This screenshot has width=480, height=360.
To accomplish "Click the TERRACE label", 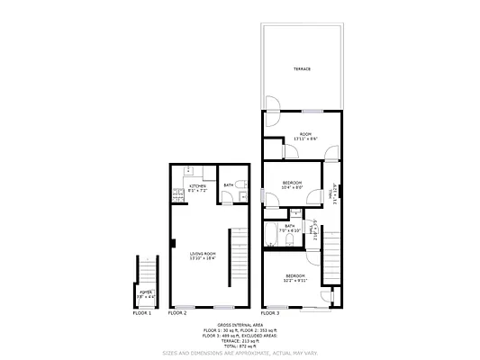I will click(301, 68).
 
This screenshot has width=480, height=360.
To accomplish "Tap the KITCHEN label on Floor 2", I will click(197, 188).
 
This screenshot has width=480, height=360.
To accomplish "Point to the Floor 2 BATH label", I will click(229, 185).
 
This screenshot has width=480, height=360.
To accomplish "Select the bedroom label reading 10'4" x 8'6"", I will click(293, 185).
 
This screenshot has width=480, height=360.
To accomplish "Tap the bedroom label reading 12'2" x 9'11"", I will click(296, 278).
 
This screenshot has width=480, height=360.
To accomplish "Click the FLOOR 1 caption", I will click(142, 313).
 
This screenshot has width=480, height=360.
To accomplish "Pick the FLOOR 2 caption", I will click(177, 313).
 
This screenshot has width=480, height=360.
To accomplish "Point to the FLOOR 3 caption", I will click(270, 313).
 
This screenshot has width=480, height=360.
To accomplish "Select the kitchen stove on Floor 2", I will click(188, 171).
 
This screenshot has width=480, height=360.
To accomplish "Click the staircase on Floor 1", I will click(146, 270).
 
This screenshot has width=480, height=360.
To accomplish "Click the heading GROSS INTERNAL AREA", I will click(240, 324).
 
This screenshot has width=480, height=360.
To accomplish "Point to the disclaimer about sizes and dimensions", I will click(240, 353).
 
